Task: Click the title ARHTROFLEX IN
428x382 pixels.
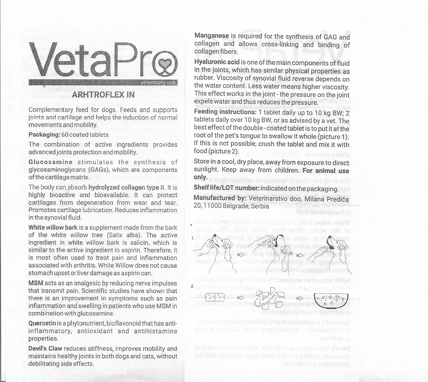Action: tap(103, 94)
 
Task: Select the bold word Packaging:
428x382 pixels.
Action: tap(44, 135)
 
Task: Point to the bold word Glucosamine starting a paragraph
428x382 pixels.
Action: tap(50, 162)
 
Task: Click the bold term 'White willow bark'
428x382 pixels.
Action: tap(53, 227)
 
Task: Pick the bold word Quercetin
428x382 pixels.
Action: tap(42, 323)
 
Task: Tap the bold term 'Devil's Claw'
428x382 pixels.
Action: tap(45, 348)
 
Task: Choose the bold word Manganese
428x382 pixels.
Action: tap(211, 36)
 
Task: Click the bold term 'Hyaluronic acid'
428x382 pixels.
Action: tap(217, 62)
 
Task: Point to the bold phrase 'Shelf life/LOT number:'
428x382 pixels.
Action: tap(227, 188)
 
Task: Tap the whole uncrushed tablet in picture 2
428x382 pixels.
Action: tap(214, 297)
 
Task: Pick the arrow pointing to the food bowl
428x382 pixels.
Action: tap(299, 298)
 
